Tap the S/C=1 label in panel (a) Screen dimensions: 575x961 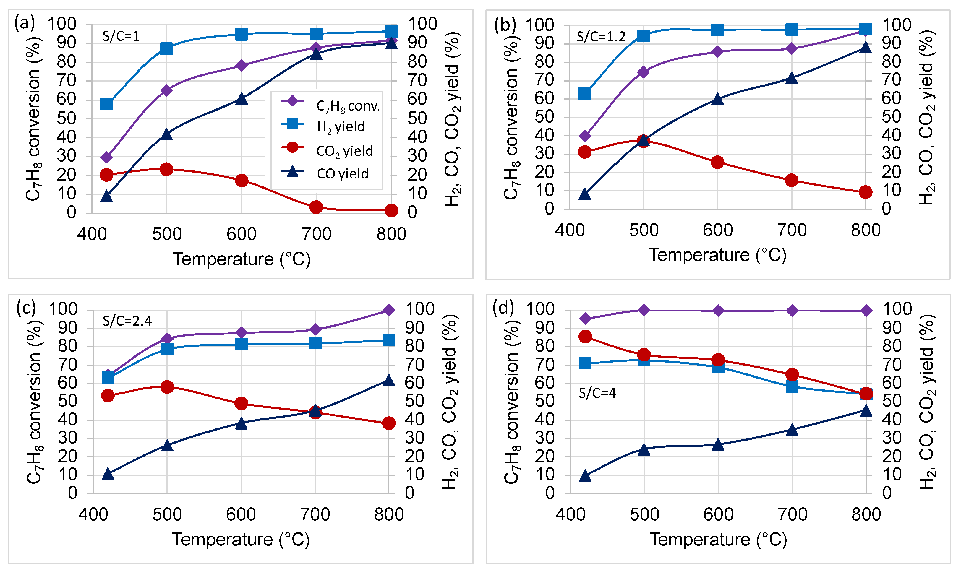[121, 36]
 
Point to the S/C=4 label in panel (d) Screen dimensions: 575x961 [597, 393]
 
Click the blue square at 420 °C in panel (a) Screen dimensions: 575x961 [106, 104]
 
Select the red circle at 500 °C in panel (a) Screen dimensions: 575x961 [166, 169]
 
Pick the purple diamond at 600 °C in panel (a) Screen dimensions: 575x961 [242, 66]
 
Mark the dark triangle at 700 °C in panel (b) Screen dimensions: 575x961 [791, 78]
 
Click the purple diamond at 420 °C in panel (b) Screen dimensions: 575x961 [584, 136]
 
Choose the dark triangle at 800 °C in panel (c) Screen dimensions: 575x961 [389, 381]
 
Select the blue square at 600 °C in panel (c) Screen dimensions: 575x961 [241, 344]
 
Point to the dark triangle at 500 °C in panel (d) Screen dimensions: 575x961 [644, 449]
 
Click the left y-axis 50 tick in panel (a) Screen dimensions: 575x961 [66, 118]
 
